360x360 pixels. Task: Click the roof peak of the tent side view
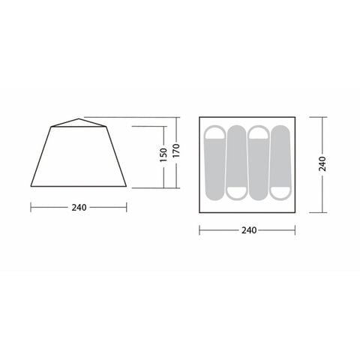[79, 118]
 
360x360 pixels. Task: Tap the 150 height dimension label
[163, 156]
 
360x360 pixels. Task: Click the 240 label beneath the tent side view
[79, 207]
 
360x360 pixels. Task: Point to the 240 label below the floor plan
[247, 230]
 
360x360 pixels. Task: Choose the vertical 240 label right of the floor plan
[322, 163]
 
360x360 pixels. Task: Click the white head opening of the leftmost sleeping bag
[214, 134]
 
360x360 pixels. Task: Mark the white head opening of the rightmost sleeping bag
[280, 192]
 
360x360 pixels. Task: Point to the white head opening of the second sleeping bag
[236, 192]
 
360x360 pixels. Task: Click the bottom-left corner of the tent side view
[31, 186]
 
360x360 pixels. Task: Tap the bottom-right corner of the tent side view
[127, 186]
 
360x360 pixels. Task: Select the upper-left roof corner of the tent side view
[51, 126]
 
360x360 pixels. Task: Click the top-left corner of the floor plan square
[199, 117]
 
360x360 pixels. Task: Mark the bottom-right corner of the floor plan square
[295, 212]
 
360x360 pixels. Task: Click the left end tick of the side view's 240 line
[31, 207]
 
